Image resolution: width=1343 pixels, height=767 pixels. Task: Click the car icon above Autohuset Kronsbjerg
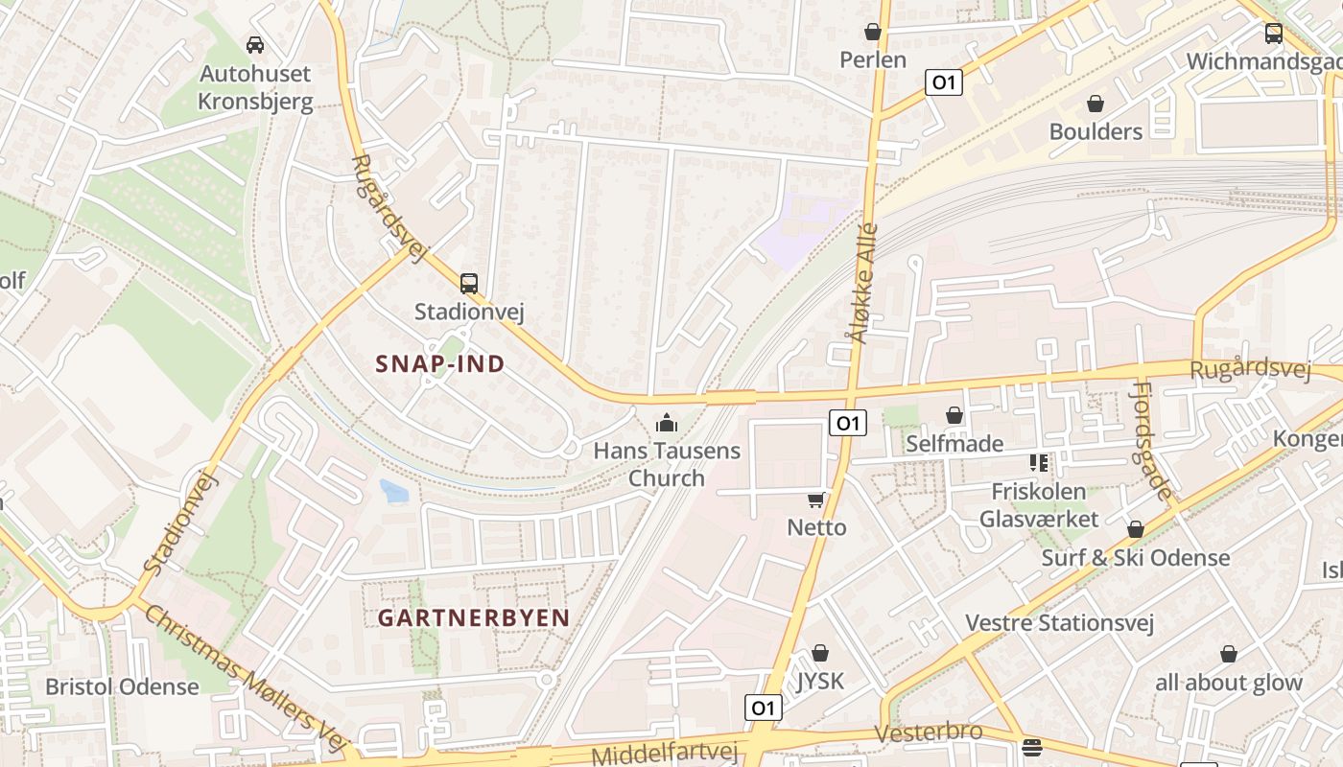(255, 44)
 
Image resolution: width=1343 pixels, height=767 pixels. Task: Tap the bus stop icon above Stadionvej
(468, 283)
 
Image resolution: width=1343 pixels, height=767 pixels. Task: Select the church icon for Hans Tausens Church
(666, 422)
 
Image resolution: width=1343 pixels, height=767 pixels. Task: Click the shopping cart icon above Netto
(816, 499)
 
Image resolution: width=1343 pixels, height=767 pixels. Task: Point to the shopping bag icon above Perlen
(873, 32)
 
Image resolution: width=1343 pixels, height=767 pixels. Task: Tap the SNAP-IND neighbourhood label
(440, 364)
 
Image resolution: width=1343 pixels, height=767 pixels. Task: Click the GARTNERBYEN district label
(474, 617)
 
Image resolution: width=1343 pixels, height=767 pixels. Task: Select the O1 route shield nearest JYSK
(764, 708)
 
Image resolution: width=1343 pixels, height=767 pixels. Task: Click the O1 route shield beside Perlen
(944, 82)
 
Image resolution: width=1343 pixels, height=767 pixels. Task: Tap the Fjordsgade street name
(1151, 440)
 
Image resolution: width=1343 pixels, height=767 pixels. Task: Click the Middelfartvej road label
(664, 753)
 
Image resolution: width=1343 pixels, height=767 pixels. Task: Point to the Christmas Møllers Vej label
(244, 678)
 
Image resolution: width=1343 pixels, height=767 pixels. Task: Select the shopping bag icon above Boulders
(1096, 104)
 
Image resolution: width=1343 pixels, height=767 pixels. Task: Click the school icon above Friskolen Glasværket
(1038, 463)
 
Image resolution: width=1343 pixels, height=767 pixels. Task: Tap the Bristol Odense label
(123, 686)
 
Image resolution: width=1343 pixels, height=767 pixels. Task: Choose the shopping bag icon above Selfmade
(954, 415)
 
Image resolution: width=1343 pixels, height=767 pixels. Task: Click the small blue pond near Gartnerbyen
(393, 491)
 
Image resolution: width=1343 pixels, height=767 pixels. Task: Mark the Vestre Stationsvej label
(1059, 622)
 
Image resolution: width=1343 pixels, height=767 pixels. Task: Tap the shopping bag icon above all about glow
(1229, 654)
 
